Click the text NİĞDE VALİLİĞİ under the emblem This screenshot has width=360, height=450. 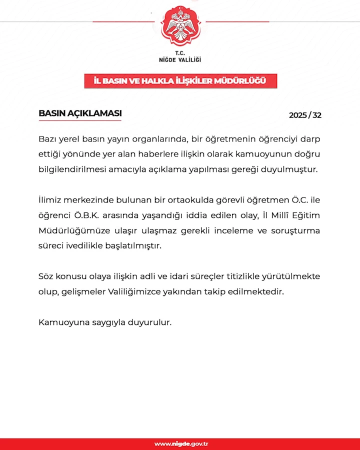click(x=180, y=59)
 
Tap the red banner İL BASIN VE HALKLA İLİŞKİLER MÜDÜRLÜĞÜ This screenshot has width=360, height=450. click(x=180, y=81)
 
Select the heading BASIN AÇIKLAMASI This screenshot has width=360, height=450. click(x=80, y=113)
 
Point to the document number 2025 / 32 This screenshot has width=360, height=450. click(x=305, y=115)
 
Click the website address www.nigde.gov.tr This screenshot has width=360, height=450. click(x=181, y=444)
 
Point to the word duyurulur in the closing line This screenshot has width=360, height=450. click(x=151, y=322)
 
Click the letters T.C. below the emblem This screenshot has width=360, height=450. click(x=180, y=52)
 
